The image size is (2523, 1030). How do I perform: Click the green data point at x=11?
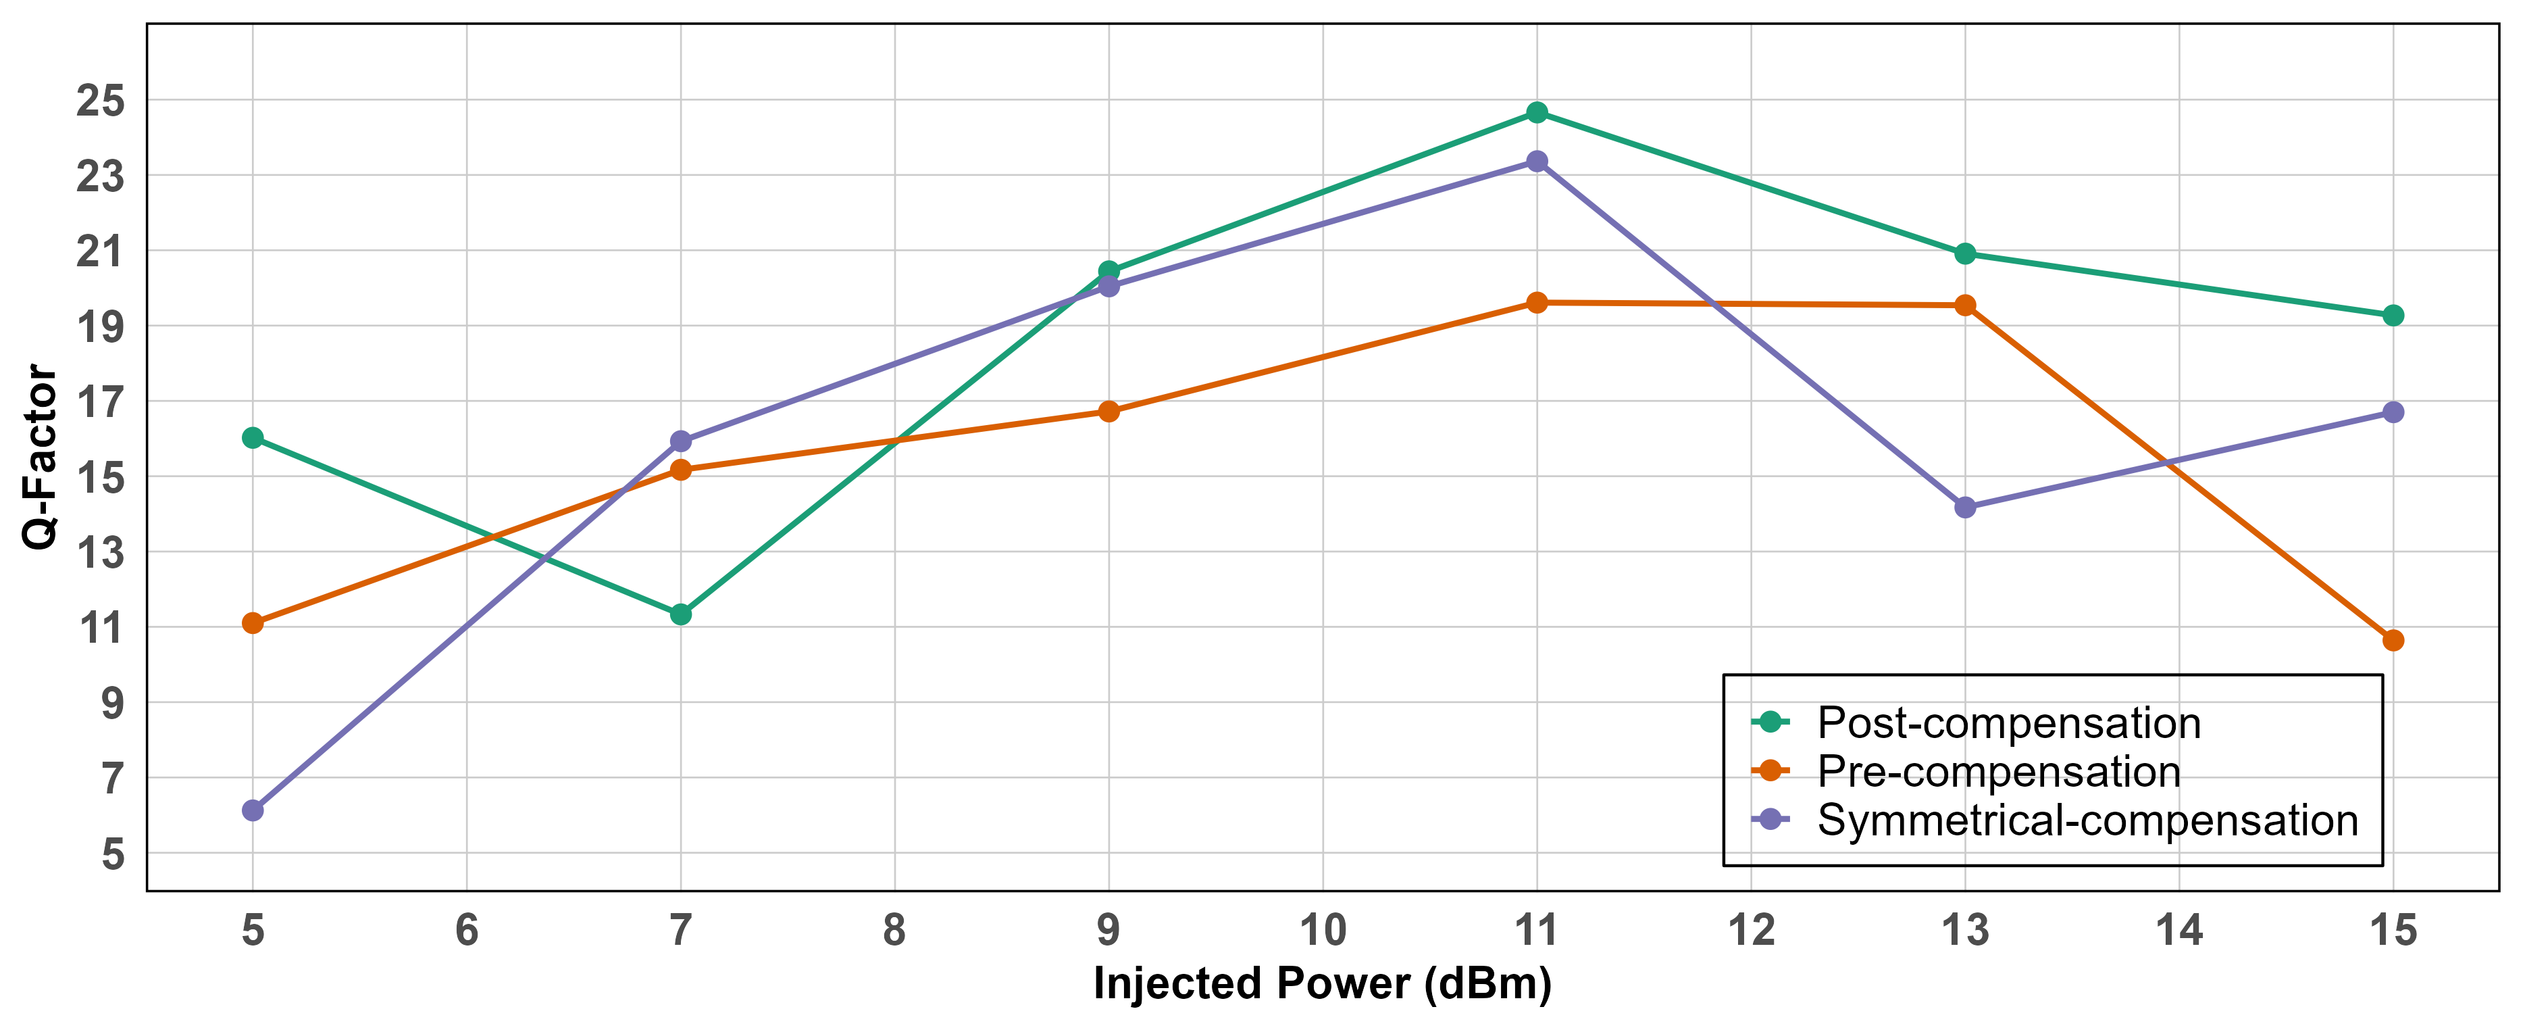point(1537,113)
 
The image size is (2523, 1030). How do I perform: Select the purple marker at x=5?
point(253,810)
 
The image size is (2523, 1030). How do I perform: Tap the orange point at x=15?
point(2393,640)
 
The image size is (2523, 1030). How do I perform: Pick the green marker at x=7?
point(681,614)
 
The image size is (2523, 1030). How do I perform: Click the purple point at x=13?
point(1965,508)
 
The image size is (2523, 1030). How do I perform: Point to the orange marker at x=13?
point(1965,305)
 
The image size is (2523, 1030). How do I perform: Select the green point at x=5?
point(253,437)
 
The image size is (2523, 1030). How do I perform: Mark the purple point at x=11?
point(1537,161)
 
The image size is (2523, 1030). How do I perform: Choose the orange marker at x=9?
point(1108,412)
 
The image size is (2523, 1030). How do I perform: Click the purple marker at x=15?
point(2393,412)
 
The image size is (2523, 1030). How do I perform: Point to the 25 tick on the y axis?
point(101,101)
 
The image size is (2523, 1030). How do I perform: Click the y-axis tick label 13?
point(101,553)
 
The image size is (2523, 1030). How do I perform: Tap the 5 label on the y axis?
point(113,854)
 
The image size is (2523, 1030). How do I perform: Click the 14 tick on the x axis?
point(2179,930)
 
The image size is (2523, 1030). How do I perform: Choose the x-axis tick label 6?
point(466,930)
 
